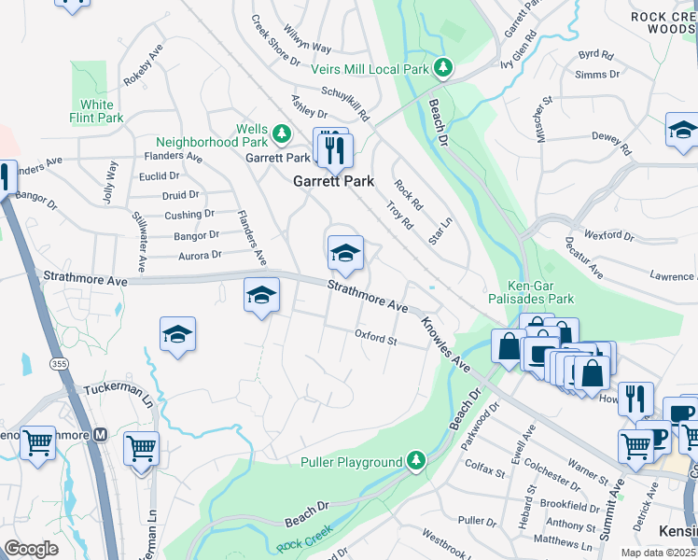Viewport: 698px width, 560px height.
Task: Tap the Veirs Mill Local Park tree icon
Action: (x=445, y=66)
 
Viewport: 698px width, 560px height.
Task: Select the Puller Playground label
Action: (x=351, y=462)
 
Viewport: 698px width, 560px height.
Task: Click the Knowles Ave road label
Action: (x=444, y=342)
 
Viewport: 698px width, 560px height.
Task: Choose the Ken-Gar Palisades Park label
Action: (x=528, y=292)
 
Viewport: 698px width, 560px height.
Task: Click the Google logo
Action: (x=31, y=548)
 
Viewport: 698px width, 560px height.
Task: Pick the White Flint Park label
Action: (x=96, y=111)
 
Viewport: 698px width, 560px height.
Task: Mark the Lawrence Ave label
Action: (x=674, y=276)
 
